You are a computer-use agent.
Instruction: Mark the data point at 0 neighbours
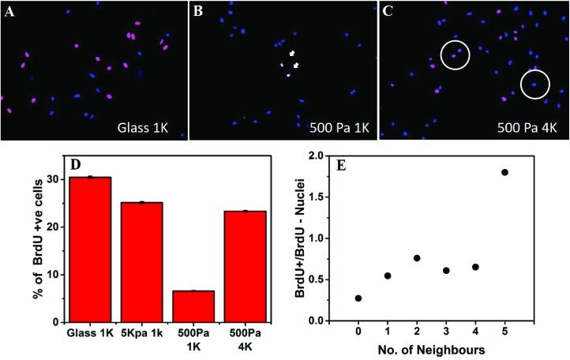[358, 298]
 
